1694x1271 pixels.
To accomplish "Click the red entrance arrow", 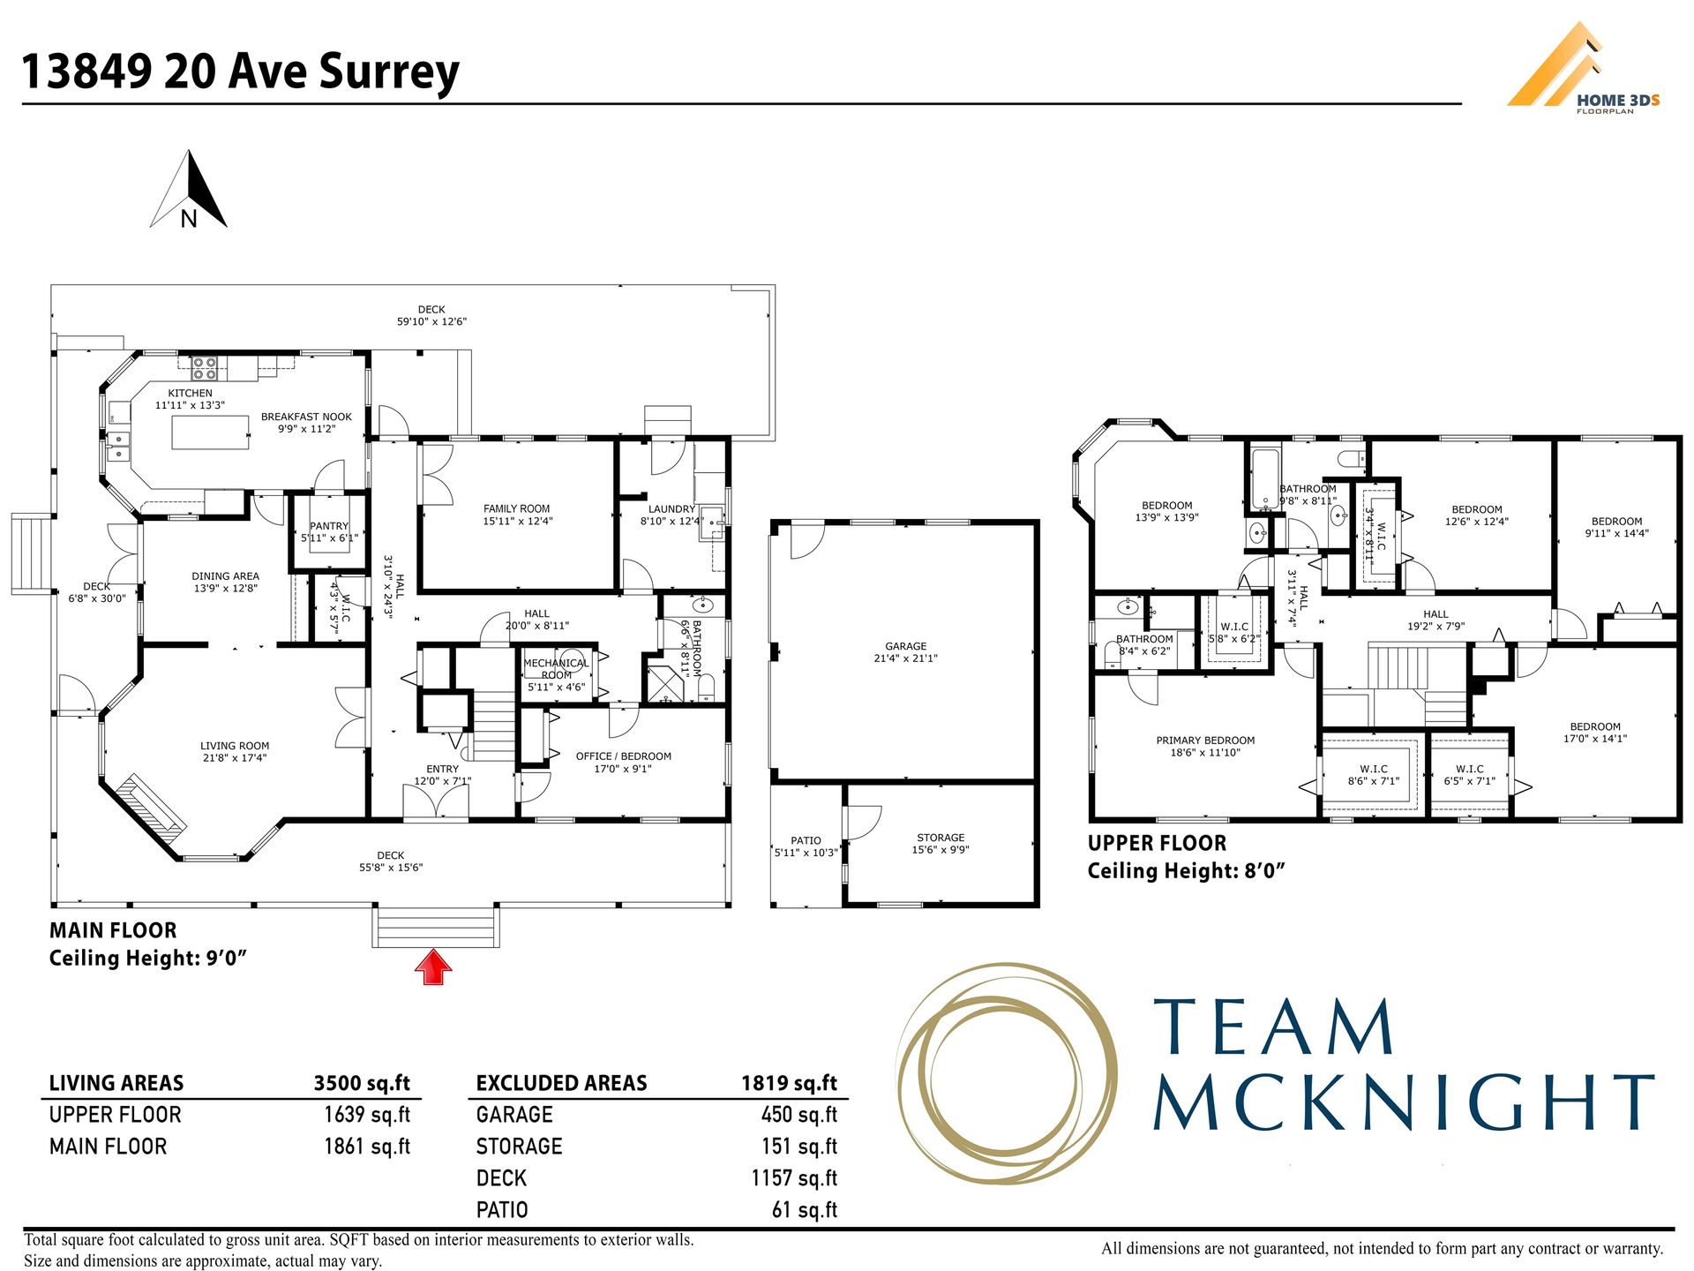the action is coord(433,966).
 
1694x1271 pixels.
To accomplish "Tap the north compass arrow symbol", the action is coord(189,190).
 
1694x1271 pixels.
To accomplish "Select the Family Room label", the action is coord(516,508).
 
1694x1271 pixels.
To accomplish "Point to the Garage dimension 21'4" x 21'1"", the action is coord(906,658).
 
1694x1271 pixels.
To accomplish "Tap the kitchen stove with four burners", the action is coord(205,367).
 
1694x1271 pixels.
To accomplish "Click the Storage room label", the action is coord(941,838).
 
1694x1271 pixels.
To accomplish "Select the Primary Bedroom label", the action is coord(1205,741).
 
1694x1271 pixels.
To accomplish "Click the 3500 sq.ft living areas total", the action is coord(362,1083).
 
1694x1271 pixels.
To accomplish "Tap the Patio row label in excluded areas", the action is coord(502,1210).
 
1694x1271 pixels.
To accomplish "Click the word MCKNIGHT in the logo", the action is coord(1403,1102).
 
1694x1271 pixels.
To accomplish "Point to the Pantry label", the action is coord(329,526).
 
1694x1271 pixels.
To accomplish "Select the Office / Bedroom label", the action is coord(623,756).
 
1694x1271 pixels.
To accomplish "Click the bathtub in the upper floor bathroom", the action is coord(1264,479).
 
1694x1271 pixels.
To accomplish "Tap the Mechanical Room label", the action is coord(556,669).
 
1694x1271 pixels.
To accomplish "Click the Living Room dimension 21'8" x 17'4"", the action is coord(235,758).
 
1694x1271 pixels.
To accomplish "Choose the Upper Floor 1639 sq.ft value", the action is coord(367,1115).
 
